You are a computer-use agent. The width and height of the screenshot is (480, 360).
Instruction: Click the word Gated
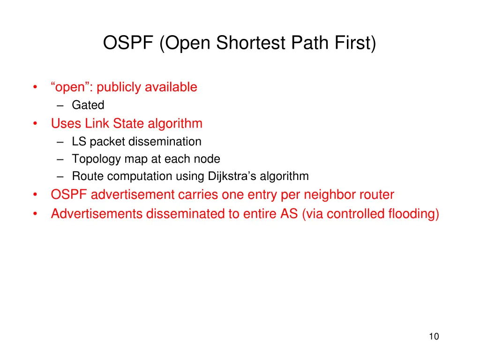pyautogui.click(x=88, y=105)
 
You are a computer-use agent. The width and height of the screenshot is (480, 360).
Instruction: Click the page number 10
pyautogui.click(x=434, y=336)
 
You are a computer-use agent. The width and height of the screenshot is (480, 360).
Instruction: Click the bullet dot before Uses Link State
pyautogui.click(x=36, y=124)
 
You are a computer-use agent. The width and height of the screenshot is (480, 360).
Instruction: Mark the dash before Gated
pyautogui.click(x=64, y=105)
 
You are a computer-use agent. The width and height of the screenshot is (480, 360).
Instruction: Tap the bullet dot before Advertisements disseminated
pyautogui.click(x=36, y=214)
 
